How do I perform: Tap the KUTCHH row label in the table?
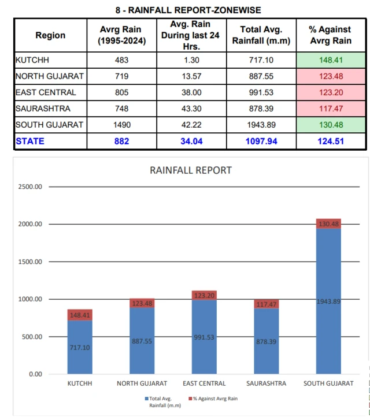[33, 59]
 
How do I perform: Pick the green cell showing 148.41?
[331, 59]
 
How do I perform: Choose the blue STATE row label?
[29, 141]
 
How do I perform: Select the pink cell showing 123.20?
[331, 92]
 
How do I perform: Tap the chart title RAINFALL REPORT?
[191, 170]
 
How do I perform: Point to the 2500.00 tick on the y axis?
[30, 187]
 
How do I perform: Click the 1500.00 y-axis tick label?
[30, 262]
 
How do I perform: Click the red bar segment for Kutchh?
[79, 315]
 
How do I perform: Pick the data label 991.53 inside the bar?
[203, 337]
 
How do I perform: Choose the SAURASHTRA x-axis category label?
[266, 383]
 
